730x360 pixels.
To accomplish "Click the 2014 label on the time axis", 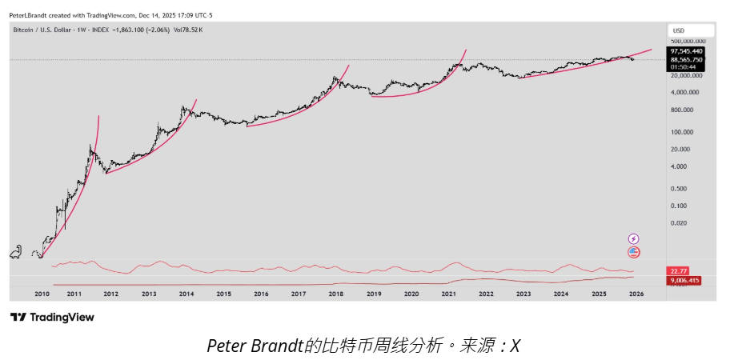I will coord(187,294).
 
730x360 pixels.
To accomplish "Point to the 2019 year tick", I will coord(374,294).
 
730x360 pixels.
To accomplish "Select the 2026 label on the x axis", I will coord(636,294).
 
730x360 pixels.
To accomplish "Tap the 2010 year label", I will coord(42,294).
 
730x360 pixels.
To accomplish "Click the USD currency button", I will coord(679,30).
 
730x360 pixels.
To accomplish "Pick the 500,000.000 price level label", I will coord(688,40).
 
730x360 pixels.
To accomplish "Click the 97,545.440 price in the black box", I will coord(687,51).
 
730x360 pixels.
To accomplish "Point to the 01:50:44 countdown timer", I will coord(681,66).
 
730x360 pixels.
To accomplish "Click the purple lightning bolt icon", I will coord(634,238).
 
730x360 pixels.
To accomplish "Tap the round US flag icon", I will coord(634,252).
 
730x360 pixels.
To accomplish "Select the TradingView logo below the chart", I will coord(52,318).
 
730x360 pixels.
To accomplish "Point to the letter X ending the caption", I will coord(515,346).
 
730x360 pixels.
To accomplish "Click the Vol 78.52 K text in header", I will coord(190,30).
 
